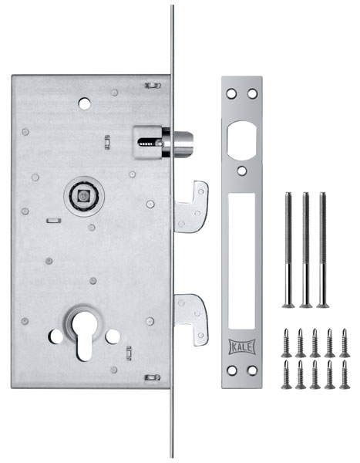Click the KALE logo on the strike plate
pyautogui.click(x=242, y=346)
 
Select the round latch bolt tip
pyautogui.click(x=183, y=144)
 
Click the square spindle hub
pyautogui.click(x=84, y=196)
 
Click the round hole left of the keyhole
pyautogui.click(x=56, y=336)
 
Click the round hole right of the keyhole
pyautogui.click(x=113, y=336)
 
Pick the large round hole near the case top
pyautogui.click(x=85, y=103)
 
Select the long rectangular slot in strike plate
pyautogui.click(x=242, y=261)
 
